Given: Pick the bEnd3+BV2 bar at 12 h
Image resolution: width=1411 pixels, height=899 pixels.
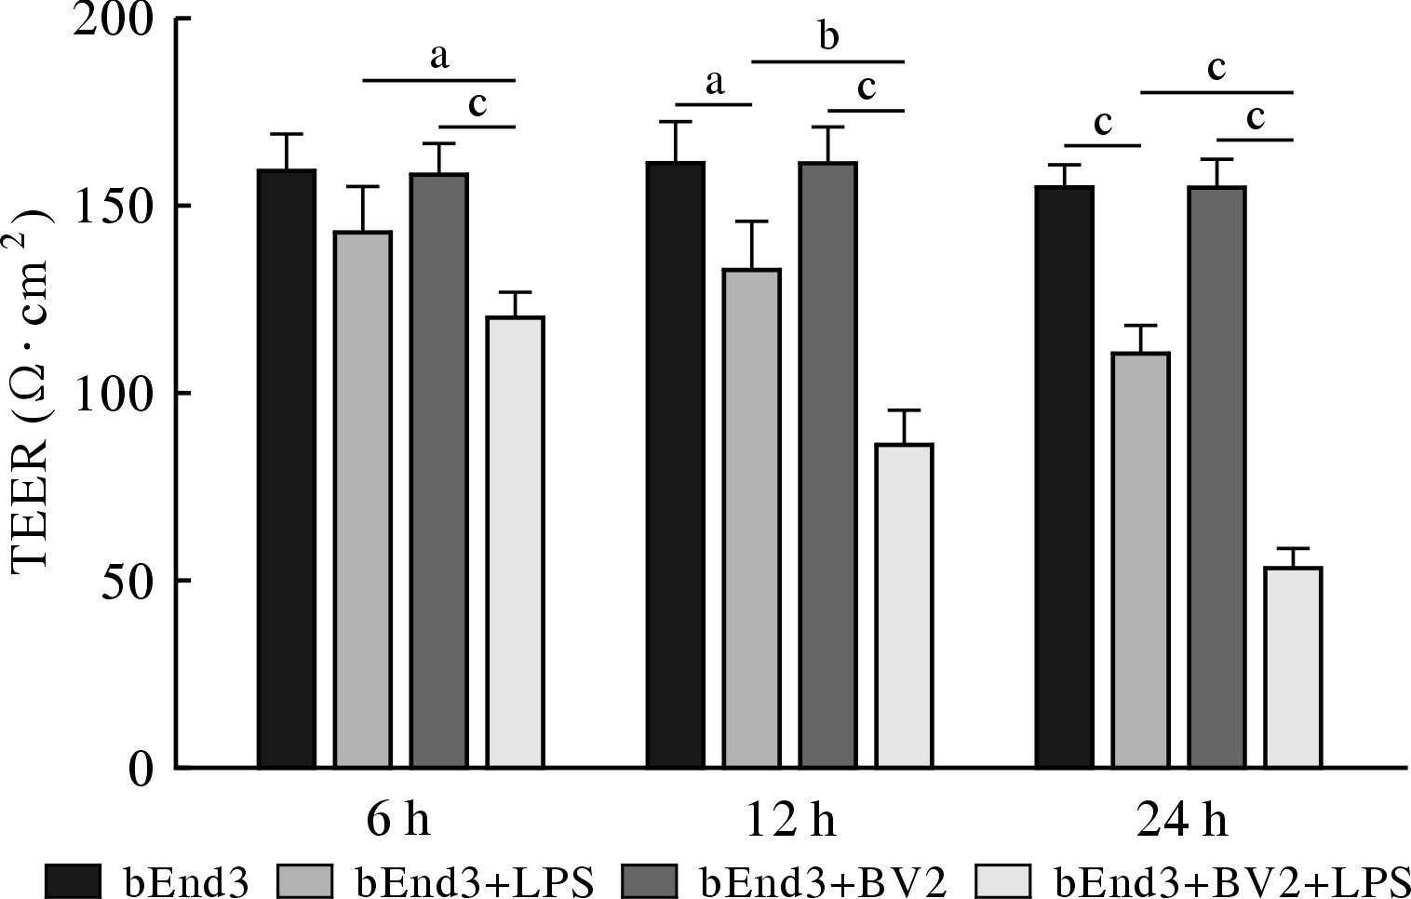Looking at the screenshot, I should [x=827, y=464].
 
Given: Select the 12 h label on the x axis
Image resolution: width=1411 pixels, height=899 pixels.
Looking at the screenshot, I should [x=790, y=820].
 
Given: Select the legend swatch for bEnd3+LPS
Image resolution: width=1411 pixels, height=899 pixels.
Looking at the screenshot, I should [x=303, y=879].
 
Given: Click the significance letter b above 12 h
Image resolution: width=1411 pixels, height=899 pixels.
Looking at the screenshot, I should [x=828, y=37].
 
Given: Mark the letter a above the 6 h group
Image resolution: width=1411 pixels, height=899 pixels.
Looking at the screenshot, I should [x=439, y=58].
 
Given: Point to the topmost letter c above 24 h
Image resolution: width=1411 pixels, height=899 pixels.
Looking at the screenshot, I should [x=1216, y=68].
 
